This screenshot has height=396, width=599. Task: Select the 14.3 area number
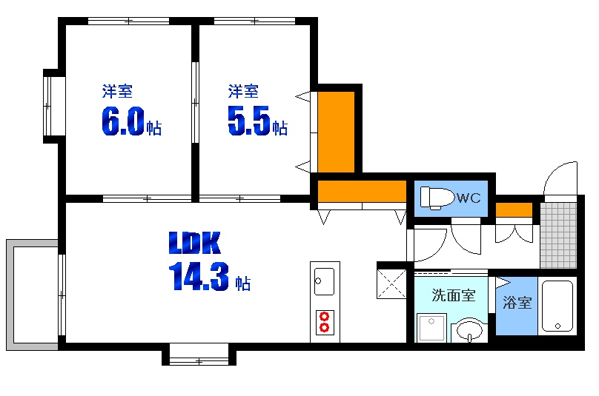pos(198,277)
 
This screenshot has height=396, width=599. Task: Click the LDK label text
pos(195,242)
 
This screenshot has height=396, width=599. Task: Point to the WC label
pos(468,198)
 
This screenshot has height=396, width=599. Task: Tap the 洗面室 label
pos(454,295)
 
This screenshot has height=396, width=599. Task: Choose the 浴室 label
pos(517,302)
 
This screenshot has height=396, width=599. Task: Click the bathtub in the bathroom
pos(557,306)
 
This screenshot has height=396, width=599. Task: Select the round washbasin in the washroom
pos(469,328)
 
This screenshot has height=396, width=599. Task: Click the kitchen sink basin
pos(324,281)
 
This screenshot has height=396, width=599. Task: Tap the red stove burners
pos(324,322)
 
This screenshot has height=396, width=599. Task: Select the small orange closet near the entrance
pos(514,209)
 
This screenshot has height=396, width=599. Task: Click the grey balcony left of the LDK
pos(31,295)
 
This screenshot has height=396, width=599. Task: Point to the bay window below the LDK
pos(199,356)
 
